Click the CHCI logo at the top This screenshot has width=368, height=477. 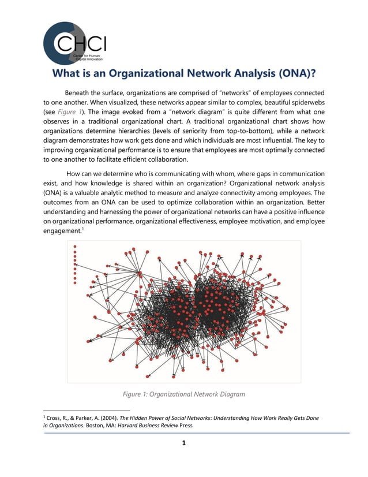point(73,44)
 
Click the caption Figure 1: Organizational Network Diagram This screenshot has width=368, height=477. point(183,394)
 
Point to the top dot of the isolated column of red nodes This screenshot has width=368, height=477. point(75,247)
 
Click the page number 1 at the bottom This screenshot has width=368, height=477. point(183,444)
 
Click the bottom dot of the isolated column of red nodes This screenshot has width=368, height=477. point(75,282)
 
